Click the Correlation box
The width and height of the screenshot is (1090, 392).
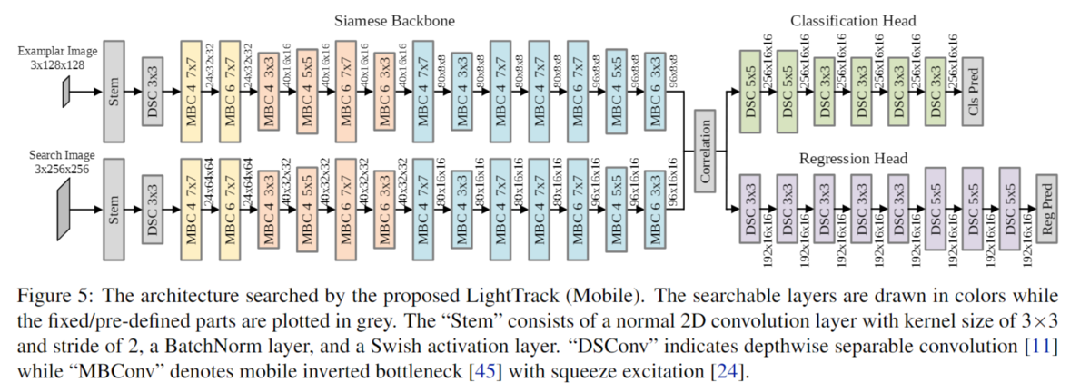pos(705,150)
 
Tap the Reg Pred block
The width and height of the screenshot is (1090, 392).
pos(1047,208)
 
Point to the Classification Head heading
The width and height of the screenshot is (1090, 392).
pos(853,19)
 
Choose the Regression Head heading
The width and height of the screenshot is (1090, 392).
pos(853,159)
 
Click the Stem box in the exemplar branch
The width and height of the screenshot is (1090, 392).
pos(114,92)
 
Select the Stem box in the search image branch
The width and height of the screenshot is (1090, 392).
pos(114,208)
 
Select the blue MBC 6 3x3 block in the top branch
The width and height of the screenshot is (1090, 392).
pos(658,92)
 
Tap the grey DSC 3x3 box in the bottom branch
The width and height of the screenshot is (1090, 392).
pos(154,208)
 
